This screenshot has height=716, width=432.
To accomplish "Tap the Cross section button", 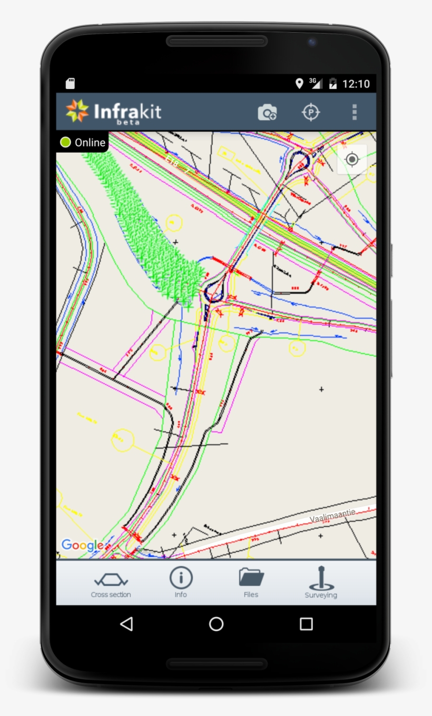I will (x=111, y=584).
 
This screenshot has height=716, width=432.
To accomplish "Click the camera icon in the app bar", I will (x=267, y=112).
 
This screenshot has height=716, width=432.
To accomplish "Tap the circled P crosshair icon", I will (x=311, y=112).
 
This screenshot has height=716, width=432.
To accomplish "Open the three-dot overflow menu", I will (x=355, y=112).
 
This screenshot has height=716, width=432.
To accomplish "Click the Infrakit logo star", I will (x=77, y=111).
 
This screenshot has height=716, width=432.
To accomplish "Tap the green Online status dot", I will (x=65, y=142).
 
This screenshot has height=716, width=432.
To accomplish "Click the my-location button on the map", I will (x=352, y=159).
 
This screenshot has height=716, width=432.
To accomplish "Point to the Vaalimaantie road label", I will (x=333, y=515).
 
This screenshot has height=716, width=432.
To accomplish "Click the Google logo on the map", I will (x=82, y=545).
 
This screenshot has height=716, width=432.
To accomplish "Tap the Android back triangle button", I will (x=126, y=624).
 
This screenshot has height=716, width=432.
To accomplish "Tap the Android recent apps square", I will (x=306, y=624).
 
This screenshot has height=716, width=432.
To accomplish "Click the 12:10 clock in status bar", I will (x=356, y=84).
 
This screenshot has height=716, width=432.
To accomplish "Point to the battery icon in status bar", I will (x=332, y=84).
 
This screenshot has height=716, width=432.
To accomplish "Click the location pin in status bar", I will (x=299, y=83).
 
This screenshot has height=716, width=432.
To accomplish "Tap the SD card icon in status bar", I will (x=70, y=84).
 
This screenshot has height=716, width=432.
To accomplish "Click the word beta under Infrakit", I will (x=127, y=122).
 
